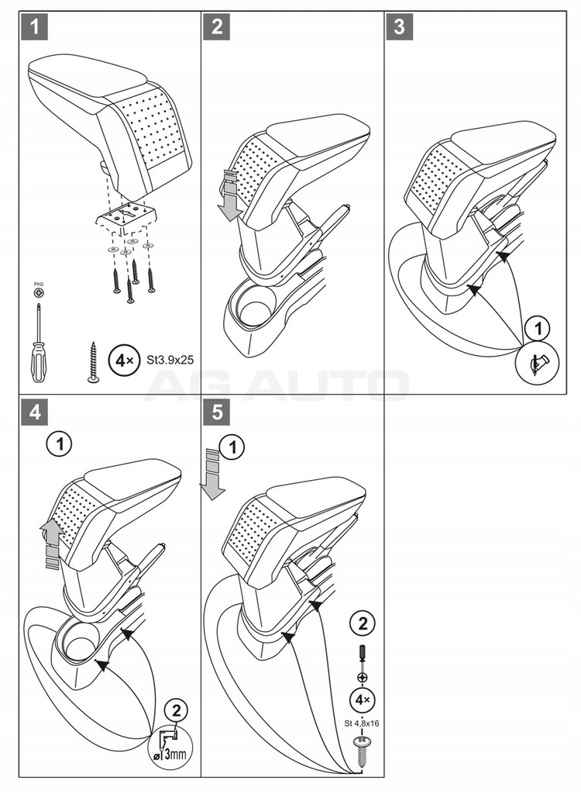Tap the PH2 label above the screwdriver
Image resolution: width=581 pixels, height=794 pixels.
pos(37,286)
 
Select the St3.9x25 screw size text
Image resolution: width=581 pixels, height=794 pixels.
pos(168,361)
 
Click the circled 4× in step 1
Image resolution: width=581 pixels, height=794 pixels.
pos(122,361)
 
